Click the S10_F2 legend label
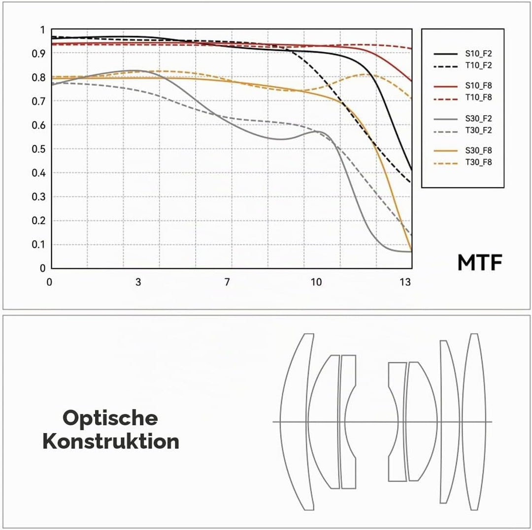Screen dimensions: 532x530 coord(478,54)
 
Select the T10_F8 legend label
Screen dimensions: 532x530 coord(478,97)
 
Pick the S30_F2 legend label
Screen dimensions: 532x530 coord(478,119)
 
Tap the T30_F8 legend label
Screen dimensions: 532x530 coord(478,162)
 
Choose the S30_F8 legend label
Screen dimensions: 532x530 coord(478,151)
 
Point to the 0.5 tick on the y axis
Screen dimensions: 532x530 coord(38,149)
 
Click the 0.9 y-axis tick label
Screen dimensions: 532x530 coord(38,54)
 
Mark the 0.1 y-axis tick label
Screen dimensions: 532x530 coord(38,245)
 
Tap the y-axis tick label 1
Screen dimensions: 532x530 coord(42,30)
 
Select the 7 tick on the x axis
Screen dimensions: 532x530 coord(227,282)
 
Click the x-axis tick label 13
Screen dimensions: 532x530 coord(405,282)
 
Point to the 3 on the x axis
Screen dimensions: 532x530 coord(138,282)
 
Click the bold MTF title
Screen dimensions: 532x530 coord(480,263)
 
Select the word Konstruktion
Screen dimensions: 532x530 coord(111,441)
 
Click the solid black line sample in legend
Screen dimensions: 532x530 coord(445,54)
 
